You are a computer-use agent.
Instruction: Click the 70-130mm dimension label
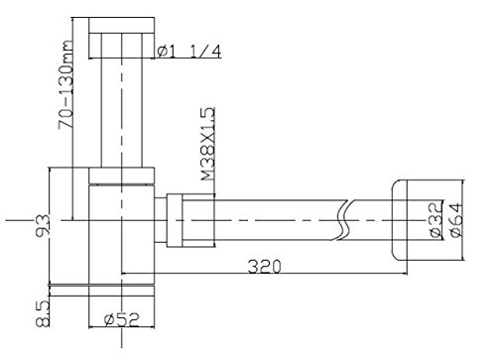[x=65, y=84]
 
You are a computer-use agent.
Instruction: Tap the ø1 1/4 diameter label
[x=188, y=52]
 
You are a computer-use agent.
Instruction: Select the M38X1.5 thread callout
[x=208, y=144]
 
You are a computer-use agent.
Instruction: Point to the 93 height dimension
[x=43, y=225]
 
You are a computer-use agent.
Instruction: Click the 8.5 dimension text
[x=43, y=313]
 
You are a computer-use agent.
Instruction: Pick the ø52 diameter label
[x=122, y=319]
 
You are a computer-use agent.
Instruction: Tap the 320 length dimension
[x=265, y=267]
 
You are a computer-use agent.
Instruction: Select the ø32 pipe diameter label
[x=436, y=220]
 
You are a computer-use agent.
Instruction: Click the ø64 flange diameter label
[x=456, y=220]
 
